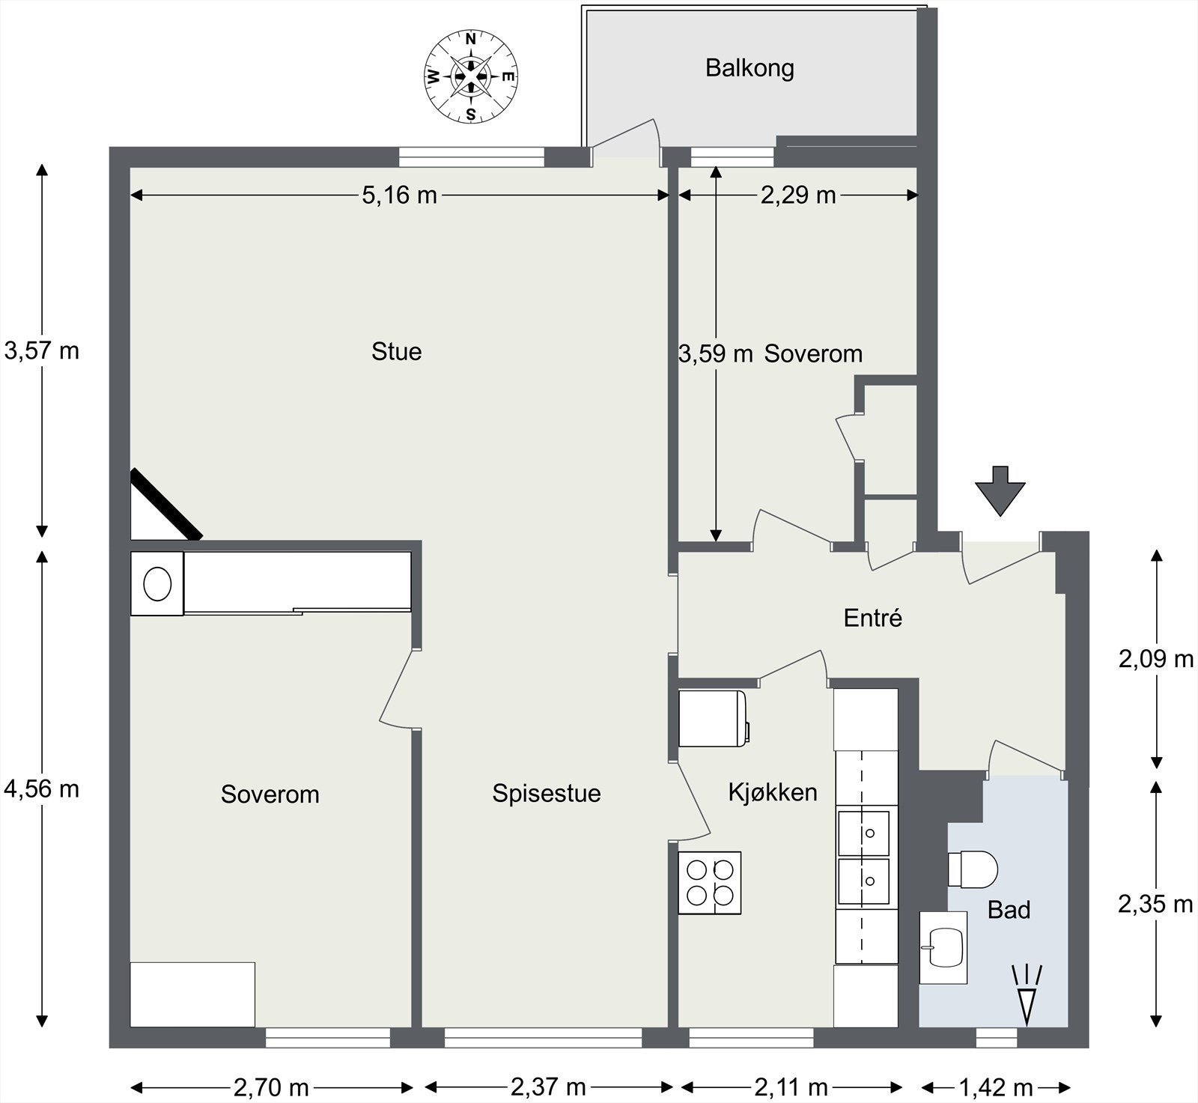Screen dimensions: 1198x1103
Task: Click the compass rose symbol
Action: tap(471, 76)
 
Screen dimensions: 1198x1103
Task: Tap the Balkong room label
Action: tap(749, 69)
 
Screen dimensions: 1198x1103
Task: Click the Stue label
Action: tap(397, 351)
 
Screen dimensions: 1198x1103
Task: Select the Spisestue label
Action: tap(547, 794)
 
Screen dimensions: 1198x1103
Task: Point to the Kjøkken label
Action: tap(773, 792)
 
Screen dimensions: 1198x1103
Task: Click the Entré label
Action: tap(873, 618)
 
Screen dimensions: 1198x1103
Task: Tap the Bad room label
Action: tap(1009, 910)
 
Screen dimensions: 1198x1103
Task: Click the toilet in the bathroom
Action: tap(973, 869)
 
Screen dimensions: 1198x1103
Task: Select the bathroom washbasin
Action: tap(943, 948)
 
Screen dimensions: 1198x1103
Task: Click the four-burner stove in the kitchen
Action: tap(710, 882)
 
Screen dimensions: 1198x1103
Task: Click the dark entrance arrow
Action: tap(1000, 490)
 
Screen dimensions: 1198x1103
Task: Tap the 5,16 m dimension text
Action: tap(399, 195)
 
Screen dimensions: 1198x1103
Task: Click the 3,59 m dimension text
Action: tap(716, 353)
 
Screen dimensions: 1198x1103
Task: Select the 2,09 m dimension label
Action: tap(1156, 659)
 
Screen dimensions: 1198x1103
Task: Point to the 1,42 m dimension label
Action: tap(996, 1087)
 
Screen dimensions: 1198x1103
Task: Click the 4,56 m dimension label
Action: tap(42, 788)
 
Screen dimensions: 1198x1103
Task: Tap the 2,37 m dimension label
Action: tap(549, 1087)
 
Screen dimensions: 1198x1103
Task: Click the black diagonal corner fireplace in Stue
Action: tap(166, 504)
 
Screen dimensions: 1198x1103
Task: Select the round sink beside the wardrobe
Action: tap(157, 584)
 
